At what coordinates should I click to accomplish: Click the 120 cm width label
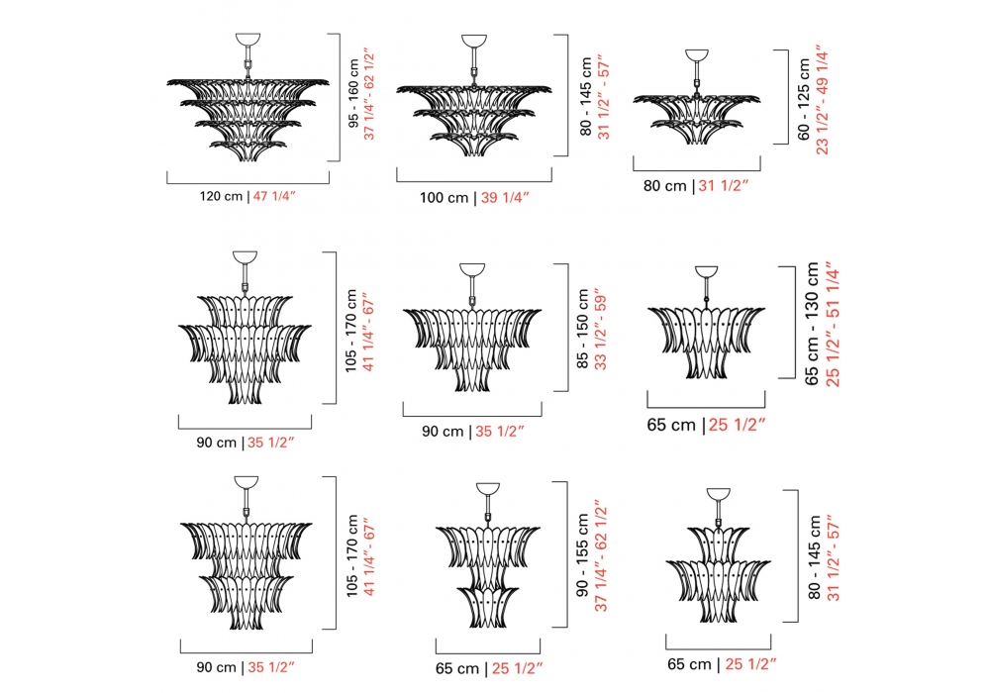point(221,196)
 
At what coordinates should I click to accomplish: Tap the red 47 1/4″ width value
point(274,196)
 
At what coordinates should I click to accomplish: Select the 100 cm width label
point(444,198)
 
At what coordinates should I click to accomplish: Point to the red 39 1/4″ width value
point(505,198)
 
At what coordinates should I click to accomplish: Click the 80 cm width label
point(665,185)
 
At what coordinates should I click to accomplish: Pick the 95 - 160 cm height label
point(353,93)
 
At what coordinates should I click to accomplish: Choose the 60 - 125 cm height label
point(804,99)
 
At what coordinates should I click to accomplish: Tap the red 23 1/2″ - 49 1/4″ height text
point(822,99)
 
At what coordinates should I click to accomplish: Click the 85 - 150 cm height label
point(583,329)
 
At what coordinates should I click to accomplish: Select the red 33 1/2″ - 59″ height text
point(600,332)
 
